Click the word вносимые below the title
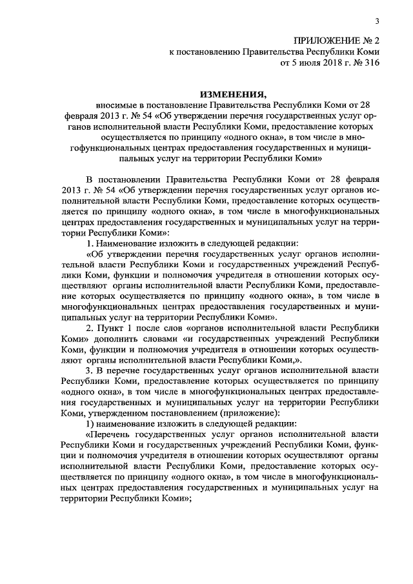tap(116, 104)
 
